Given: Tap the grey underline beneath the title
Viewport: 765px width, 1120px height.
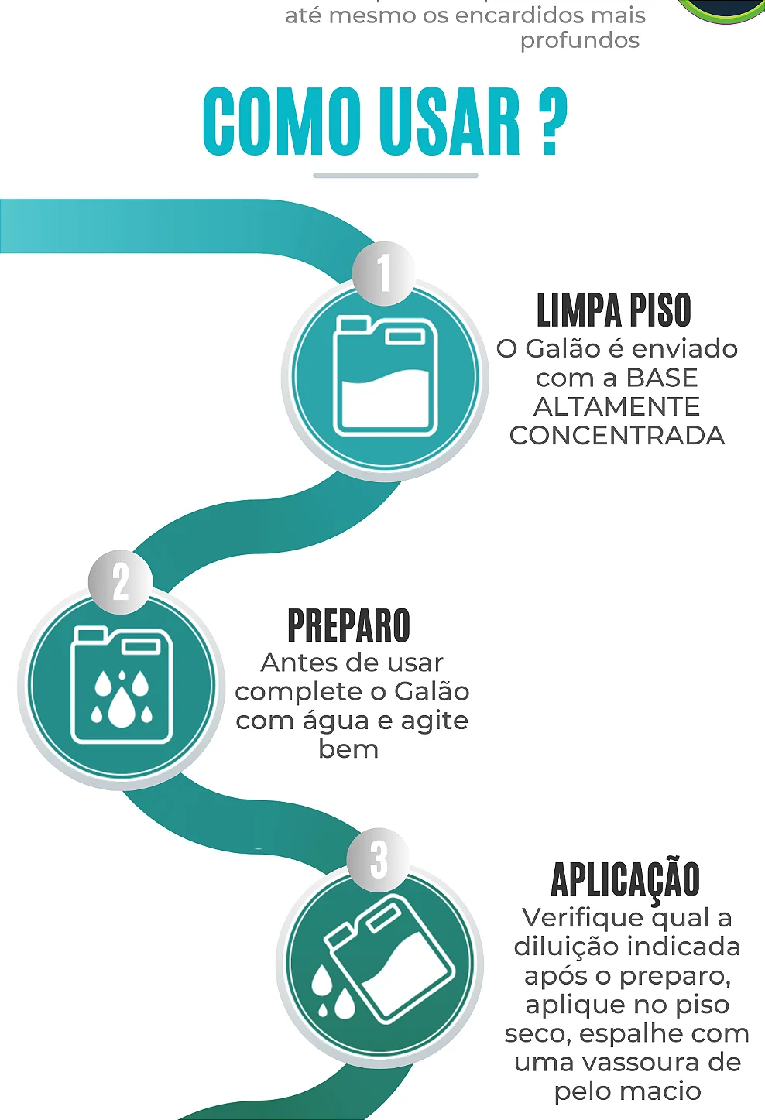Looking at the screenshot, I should click(x=395, y=176).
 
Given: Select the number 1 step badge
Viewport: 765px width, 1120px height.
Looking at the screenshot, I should click(x=383, y=273).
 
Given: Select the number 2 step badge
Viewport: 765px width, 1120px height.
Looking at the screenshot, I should click(x=120, y=581).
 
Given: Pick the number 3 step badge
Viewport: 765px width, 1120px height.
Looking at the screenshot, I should click(x=378, y=858).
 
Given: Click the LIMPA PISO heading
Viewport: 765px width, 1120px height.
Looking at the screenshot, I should click(x=613, y=311).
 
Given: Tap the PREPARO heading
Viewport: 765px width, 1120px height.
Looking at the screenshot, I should click(x=348, y=626).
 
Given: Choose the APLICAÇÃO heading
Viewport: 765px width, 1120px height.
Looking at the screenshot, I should click(x=625, y=880).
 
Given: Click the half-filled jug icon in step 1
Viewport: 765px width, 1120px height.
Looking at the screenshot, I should click(x=385, y=377).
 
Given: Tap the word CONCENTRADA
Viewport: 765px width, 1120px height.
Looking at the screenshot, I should click(x=617, y=436).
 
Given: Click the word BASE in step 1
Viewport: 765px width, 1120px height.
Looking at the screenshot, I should click(x=661, y=378).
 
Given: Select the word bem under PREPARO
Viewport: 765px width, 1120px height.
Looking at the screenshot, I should click(x=348, y=749).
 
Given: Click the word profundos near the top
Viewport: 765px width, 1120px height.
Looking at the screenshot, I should click(x=580, y=40).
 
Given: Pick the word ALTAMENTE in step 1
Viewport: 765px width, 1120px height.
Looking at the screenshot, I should click(x=616, y=406).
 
